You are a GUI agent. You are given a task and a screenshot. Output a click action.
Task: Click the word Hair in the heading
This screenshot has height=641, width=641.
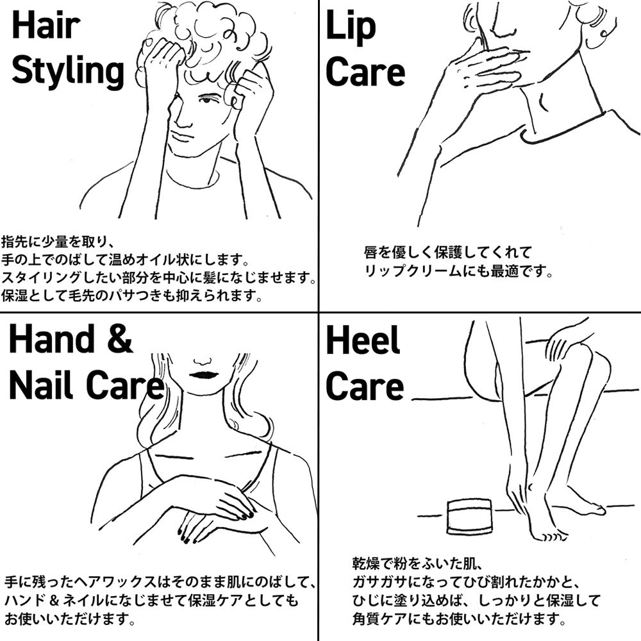pyautogui.click(x=46, y=26)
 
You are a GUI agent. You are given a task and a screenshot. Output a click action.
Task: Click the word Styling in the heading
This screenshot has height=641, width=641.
pyautogui.click(x=68, y=72)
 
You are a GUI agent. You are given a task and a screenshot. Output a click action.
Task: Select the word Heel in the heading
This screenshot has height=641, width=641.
pyautogui.click(x=363, y=340)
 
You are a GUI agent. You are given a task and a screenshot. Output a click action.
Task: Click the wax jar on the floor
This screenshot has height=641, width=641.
pyautogui.click(x=469, y=516)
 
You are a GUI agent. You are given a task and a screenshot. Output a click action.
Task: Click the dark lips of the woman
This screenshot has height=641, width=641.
pyautogui.click(x=203, y=375)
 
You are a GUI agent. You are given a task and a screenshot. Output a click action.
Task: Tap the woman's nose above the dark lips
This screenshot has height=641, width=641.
pyautogui.click(x=203, y=362)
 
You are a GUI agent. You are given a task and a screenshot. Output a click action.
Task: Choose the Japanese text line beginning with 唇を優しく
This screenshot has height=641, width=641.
pyautogui.click(x=447, y=252)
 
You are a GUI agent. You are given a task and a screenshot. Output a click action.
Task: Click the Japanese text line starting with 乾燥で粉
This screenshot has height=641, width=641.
pyautogui.click(x=418, y=563)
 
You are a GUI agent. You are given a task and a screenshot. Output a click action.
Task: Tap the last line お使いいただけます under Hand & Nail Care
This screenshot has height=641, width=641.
pyautogui.click(x=69, y=619)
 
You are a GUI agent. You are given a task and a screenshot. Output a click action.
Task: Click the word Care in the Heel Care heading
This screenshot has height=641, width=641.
pyautogui.click(x=365, y=387)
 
